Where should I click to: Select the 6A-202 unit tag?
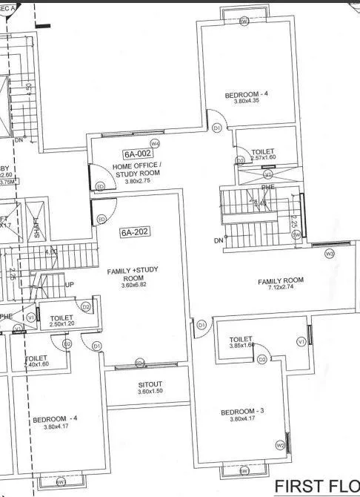(x=135, y=232)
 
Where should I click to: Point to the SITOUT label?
(x=151, y=386)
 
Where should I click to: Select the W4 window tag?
(x=156, y=142)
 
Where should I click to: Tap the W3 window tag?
(x=330, y=254)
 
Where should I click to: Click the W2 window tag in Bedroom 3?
(x=280, y=445)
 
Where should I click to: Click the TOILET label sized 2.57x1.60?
(x=263, y=151)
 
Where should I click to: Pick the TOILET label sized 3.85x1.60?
(x=241, y=339)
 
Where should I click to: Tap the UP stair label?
(x=70, y=285)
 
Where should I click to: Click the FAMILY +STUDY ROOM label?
(x=137, y=274)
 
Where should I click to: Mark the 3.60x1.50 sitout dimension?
(x=151, y=394)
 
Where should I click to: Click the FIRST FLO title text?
(x=317, y=486)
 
